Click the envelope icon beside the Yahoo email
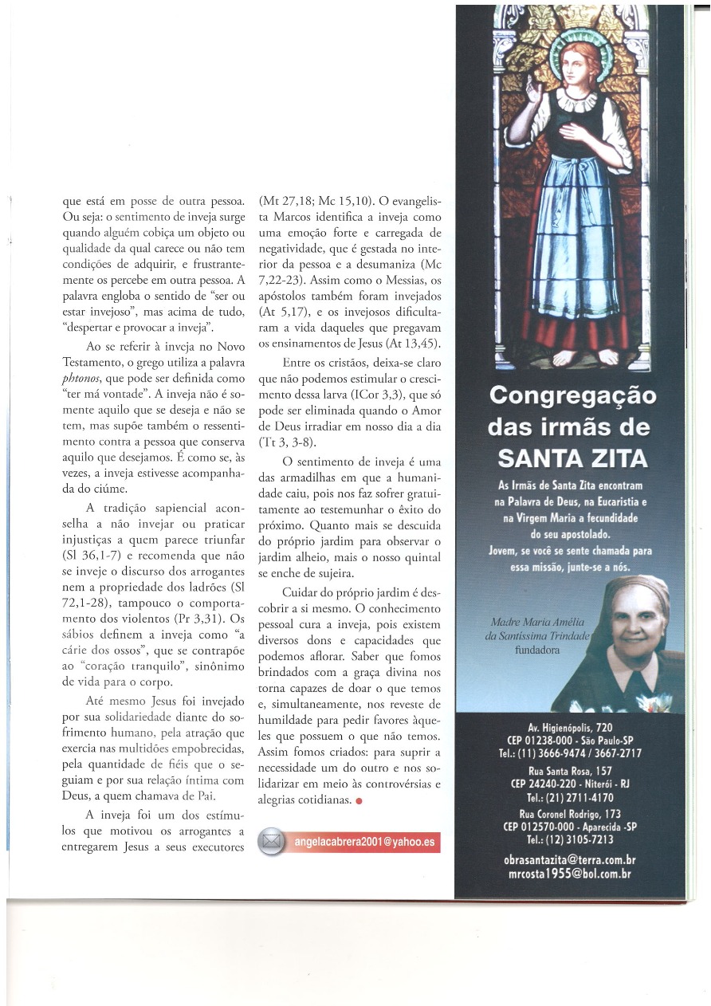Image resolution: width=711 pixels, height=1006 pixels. (x=273, y=841)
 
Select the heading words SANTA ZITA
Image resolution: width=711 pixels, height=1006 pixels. (x=572, y=458)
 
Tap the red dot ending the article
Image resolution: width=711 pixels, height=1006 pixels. (x=360, y=801)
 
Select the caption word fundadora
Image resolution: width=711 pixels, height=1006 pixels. (x=538, y=650)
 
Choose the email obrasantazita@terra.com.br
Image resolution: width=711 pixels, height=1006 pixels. (x=569, y=860)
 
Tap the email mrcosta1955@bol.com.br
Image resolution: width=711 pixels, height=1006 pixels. (x=569, y=874)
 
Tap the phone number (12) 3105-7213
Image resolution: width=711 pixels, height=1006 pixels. (x=570, y=839)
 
